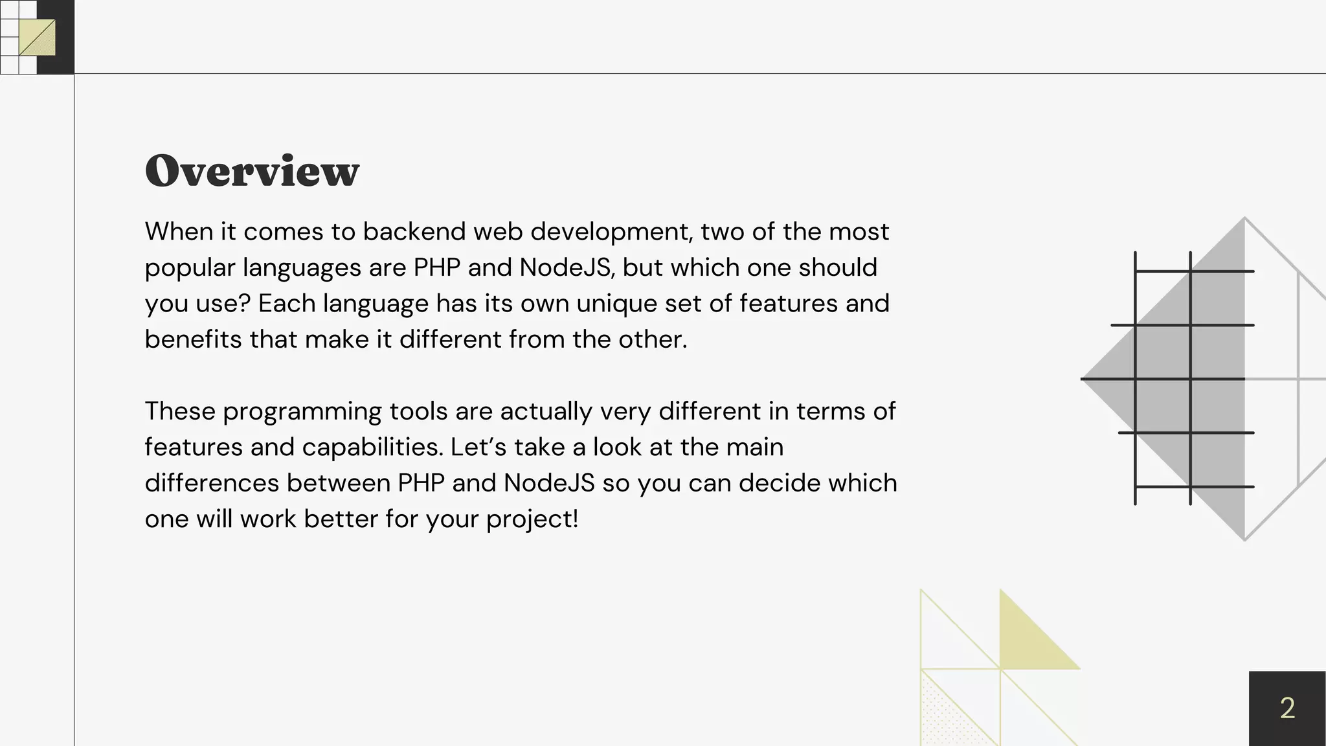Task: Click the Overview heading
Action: tap(252, 171)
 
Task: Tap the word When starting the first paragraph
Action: tap(177, 231)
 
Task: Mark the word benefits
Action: tap(193, 339)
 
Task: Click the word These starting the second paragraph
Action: tap(180, 411)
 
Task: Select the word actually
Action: tap(543, 412)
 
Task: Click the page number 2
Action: tap(1287, 708)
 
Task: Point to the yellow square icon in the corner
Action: tap(37, 38)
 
